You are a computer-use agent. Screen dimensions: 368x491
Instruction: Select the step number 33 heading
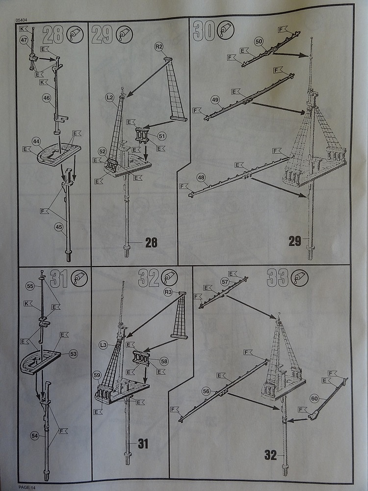pyautogui.click(x=277, y=278)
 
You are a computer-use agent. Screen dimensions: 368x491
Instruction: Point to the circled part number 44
pyautogui.click(x=36, y=141)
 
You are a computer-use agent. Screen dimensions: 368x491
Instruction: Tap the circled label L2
pyautogui.click(x=109, y=98)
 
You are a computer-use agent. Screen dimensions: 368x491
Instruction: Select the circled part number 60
pyautogui.click(x=314, y=398)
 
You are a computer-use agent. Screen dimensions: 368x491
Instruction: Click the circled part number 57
pyautogui.click(x=225, y=282)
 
